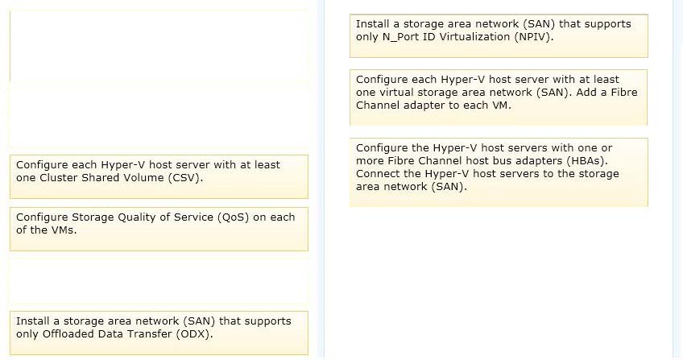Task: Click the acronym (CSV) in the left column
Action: pos(185,178)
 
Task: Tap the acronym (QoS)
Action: pos(233,217)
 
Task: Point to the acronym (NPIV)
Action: pos(534,36)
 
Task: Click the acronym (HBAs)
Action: pos(586,160)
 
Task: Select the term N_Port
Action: pos(399,37)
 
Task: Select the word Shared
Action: pos(97,178)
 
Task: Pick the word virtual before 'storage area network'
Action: pos(394,93)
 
